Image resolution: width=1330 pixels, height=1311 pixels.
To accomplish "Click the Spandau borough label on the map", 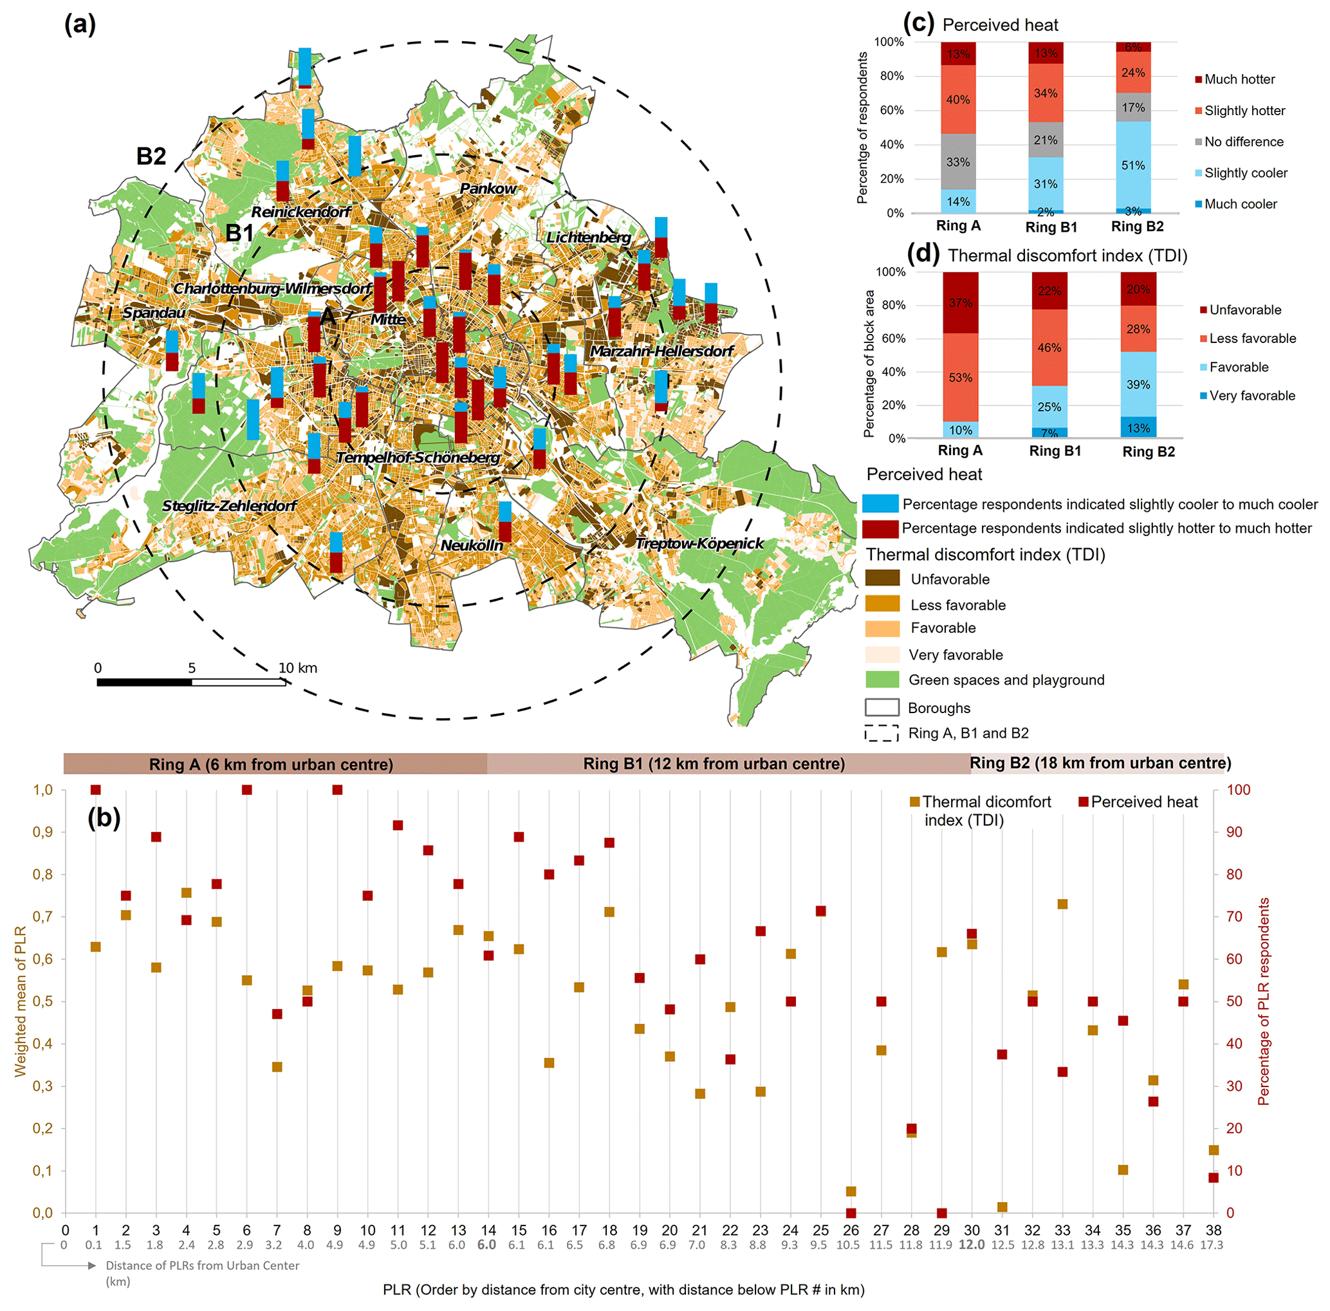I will click(x=154, y=313).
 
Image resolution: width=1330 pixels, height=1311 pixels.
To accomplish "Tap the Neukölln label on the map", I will click(x=472, y=545).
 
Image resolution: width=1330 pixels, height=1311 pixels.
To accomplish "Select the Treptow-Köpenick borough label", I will click(x=699, y=543).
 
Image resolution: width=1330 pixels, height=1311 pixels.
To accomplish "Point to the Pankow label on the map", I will click(x=487, y=189).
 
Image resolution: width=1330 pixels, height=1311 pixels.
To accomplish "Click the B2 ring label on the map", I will click(x=151, y=156).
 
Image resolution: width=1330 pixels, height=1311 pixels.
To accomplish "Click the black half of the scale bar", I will click(x=145, y=682).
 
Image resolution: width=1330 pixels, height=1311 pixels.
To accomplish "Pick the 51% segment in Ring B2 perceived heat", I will click(x=1133, y=165).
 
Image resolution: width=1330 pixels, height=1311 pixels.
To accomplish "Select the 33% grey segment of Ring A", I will click(x=957, y=162).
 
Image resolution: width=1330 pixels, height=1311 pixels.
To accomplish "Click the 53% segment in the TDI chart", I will click(x=960, y=377).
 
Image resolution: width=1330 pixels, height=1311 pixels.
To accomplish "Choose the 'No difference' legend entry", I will click(x=1243, y=142).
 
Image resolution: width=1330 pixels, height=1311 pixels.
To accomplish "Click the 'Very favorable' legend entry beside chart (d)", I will click(x=1251, y=396).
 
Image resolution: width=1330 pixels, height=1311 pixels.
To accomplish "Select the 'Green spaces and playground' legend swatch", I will click(x=882, y=680).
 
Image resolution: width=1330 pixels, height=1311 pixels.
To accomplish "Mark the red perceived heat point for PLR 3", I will click(x=156, y=837).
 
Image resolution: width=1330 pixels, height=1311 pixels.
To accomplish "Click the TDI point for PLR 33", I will click(x=1062, y=904).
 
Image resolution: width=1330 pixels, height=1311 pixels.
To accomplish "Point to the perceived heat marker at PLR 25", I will click(x=820, y=911).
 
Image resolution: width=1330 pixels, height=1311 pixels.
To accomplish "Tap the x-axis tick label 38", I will click(x=1213, y=1231).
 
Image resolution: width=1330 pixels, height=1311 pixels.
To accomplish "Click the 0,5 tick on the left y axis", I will click(x=43, y=1001).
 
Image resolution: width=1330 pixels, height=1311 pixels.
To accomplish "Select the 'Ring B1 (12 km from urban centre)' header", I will click(x=714, y=763).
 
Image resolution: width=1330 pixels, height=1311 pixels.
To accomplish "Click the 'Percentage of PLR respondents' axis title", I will click(x=1263, y=1002).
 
